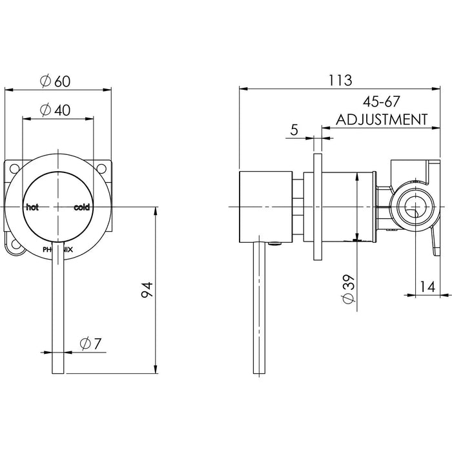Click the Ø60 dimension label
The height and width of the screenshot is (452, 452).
click(55, 81)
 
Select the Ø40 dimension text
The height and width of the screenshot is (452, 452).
click(55, 110)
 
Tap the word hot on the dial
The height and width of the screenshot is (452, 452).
click(32, 207)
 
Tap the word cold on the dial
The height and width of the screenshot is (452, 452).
click(82, 207)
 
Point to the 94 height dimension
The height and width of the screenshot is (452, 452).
click(147, 290)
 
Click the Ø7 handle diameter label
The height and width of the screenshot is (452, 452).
click(91, 344)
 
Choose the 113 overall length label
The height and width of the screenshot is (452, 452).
click(340, 80)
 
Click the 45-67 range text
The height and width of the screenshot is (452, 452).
click(382, 101)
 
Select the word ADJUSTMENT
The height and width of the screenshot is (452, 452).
click(382, 119)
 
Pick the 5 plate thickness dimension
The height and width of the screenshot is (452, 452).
click(294, 130)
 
